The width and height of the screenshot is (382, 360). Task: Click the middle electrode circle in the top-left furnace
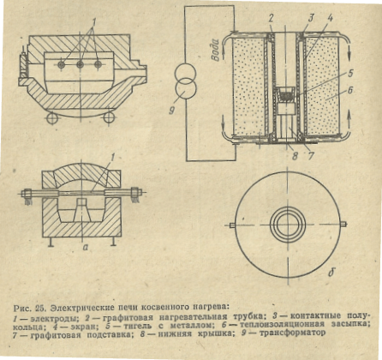coord(81,65)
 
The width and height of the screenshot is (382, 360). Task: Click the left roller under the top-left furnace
coord(52,118)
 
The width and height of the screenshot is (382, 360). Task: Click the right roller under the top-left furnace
coord(109,117)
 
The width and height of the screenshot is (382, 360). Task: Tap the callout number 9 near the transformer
coord(172,111)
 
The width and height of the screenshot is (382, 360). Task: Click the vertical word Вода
coord(216,50)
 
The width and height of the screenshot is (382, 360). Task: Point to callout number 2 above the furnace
coord(271,19)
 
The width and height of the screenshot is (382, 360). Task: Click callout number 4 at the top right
coord(330,19)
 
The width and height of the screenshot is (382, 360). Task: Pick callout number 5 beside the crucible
coord(350,74)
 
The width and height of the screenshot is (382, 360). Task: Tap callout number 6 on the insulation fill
coord(350,90)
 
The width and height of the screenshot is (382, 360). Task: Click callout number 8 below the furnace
coord(295,156)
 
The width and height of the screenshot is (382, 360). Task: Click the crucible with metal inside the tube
coord(286,94)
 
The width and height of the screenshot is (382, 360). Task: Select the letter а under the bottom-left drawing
coord(85,248)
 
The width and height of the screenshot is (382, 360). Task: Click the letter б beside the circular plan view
coord(331,273)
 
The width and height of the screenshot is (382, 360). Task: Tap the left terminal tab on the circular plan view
coord(232,225)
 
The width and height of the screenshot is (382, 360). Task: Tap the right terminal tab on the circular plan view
coord(343,224)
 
